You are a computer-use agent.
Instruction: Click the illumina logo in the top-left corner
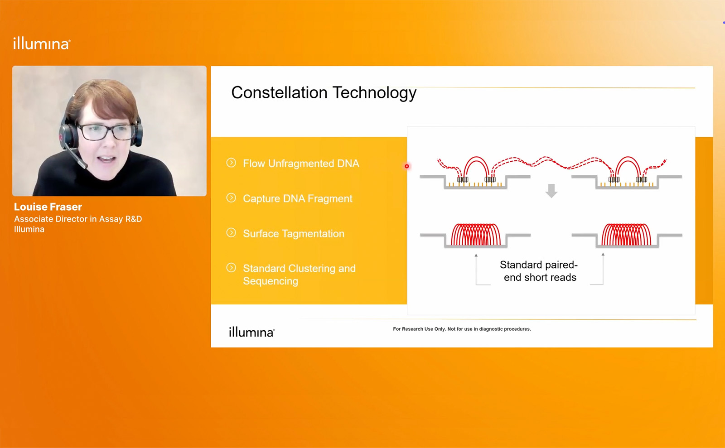(41, 43)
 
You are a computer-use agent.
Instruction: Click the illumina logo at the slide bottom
(251, 332)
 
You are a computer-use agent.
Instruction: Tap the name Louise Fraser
(48, 207)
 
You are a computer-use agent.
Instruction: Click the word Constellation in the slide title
(279, 92)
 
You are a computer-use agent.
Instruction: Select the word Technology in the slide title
(374, 93)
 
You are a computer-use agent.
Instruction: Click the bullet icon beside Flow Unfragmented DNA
(231, 163)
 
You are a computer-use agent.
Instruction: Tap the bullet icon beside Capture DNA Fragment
(231, 198)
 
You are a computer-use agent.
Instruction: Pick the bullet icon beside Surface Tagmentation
(231, 232)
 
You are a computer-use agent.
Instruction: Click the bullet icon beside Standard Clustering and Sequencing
(231, 268)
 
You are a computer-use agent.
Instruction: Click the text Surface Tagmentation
(294, 234)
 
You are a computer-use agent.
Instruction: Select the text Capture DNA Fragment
(297, 198)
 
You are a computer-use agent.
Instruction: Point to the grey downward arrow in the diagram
(551, 191)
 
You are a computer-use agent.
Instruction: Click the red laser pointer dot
(407, 166)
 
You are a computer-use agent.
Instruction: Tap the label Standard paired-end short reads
(539, 271)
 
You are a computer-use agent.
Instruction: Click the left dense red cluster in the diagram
(475, 235)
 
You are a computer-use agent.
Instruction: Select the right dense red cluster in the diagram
(626, 235)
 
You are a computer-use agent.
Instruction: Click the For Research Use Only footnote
(462, 329)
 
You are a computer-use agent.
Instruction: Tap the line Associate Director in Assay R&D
(78, 219)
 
